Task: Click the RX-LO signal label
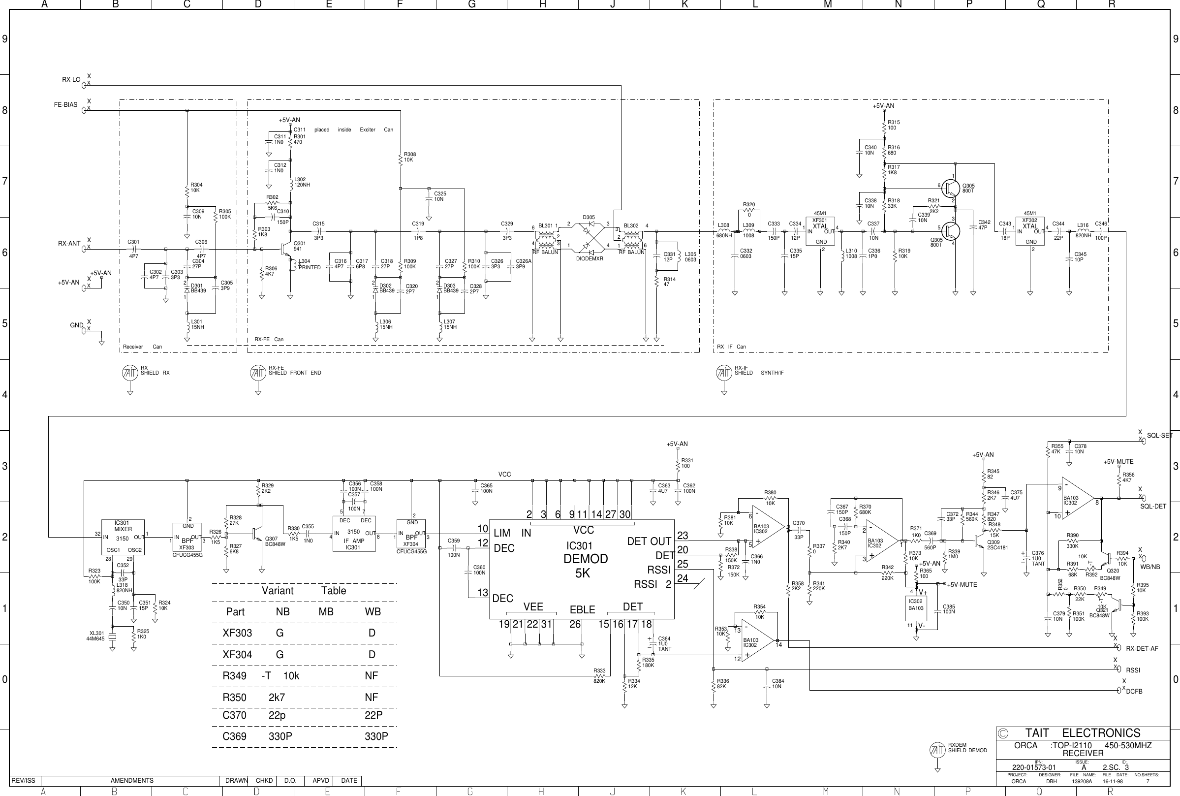(x=71, y=80)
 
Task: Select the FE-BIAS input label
(x=65, y=105)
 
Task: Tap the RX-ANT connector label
(x=69, y=244)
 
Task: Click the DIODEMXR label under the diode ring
(x=590, y=258)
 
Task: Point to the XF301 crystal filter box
(x=820, y=231)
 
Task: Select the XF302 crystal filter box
(x=1030, y=231)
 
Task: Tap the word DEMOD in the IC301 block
(x=586, y=559)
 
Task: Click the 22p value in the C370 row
(x=277, y=715)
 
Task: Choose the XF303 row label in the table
(x=237, y=633)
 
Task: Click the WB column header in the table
(x=373, y=612)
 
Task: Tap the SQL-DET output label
(x=1153, y=506)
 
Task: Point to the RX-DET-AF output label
(x=1142, y=648)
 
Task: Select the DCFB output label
(x=1134, y=691)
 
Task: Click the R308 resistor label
(x=409, y=155)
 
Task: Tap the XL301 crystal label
(x=96, y=633)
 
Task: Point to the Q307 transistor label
(x=272, y=539)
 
